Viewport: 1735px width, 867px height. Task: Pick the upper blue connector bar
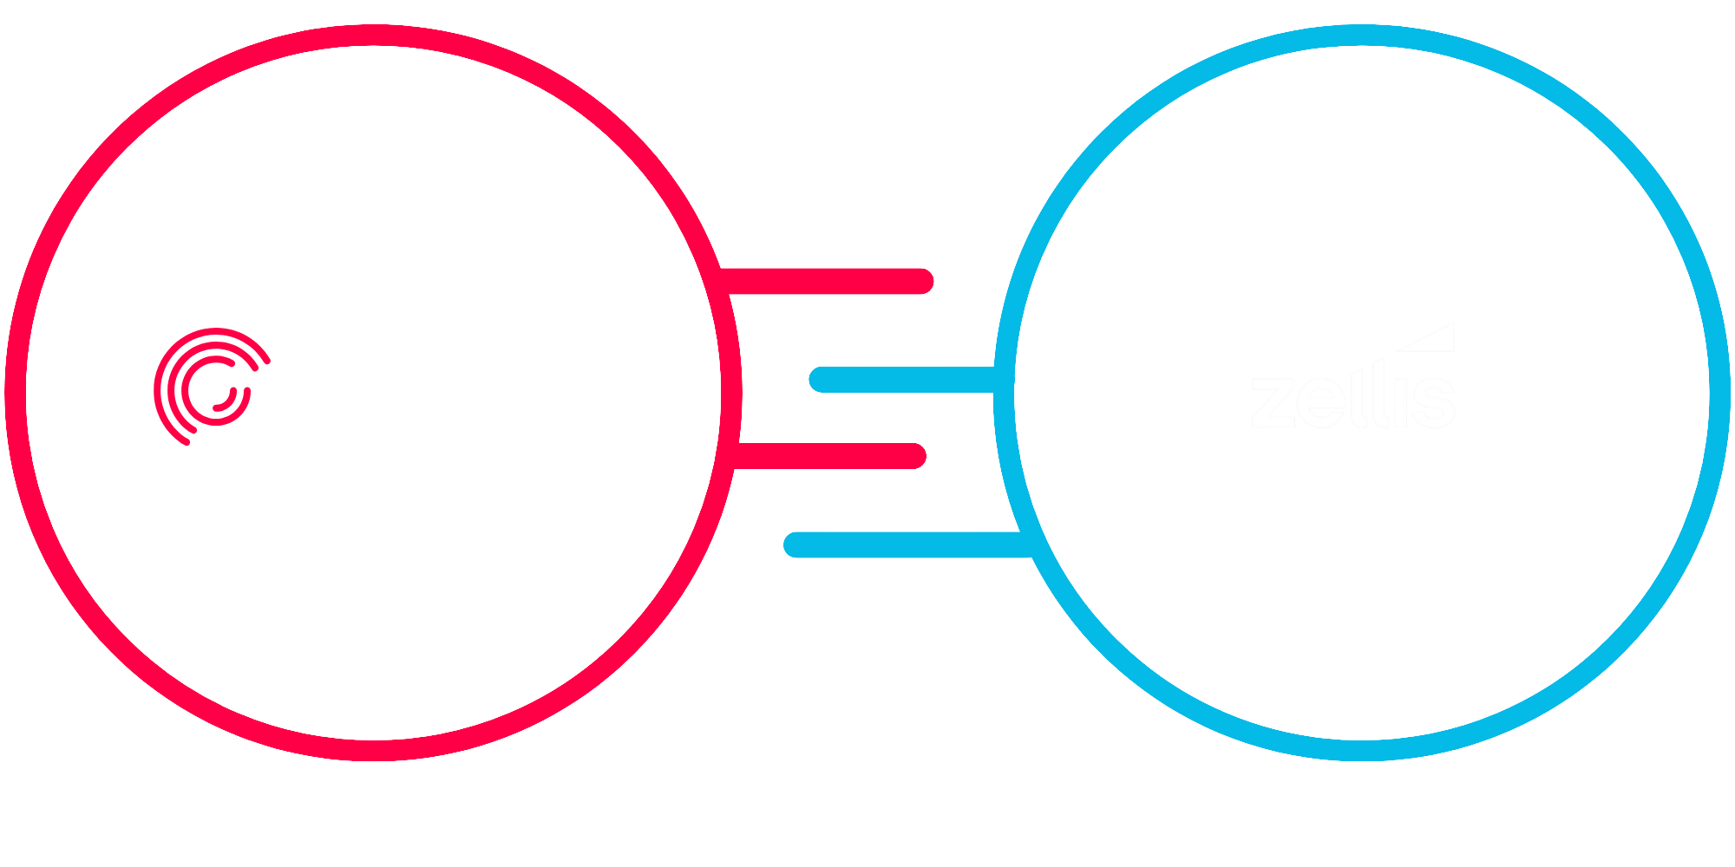click(902, 380)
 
